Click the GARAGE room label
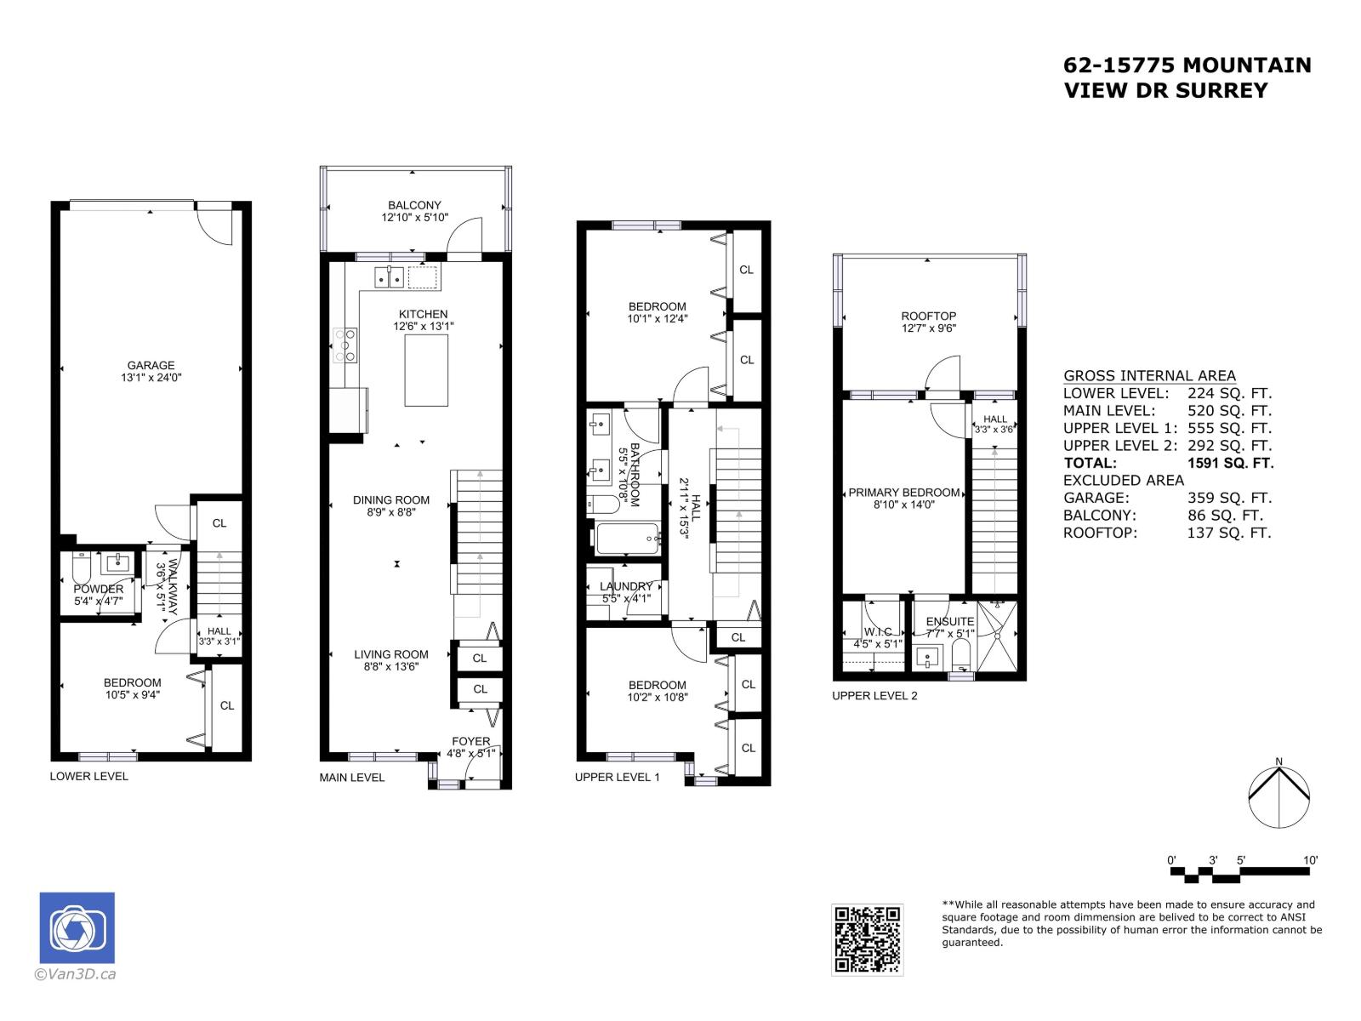coord(151,366)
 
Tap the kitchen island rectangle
coord(426,371)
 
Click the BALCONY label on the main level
coord(414,205)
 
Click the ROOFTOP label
coord(928,316)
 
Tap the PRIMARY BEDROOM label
coord(904,493)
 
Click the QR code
coord(867,939)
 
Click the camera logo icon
coord(77,928)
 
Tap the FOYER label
coord(470,741)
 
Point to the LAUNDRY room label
coord(625,586)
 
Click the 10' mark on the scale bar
coord(1310,860)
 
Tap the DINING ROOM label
coord(391,500)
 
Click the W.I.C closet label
coord(877,631)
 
